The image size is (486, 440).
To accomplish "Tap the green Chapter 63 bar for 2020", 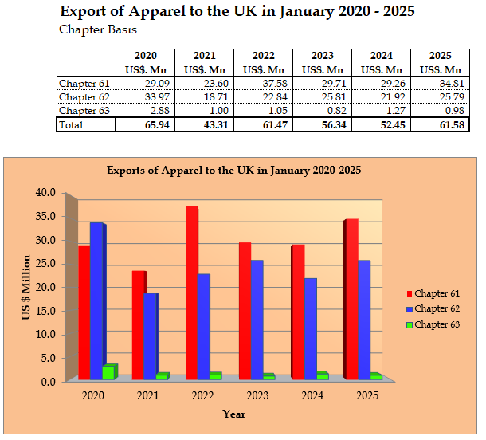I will click(x=108, y=371).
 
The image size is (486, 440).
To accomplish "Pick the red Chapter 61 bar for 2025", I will click(x=351, y=298).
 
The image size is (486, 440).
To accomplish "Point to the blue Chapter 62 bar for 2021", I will click(x=151, y=336).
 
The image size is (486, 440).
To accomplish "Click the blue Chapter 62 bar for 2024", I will click(x=310, y=328).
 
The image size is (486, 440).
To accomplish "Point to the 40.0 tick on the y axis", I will click(x=46, y=193).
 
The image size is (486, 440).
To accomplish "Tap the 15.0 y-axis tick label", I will click(x=46, y=311).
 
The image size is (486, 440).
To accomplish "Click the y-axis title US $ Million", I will click(x=27, y=288).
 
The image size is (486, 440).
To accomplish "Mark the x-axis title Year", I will click(x=234, y=414).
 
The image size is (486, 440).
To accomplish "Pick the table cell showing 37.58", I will click(x=263, y=84).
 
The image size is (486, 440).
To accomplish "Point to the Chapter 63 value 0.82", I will click(x=322, y=111).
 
